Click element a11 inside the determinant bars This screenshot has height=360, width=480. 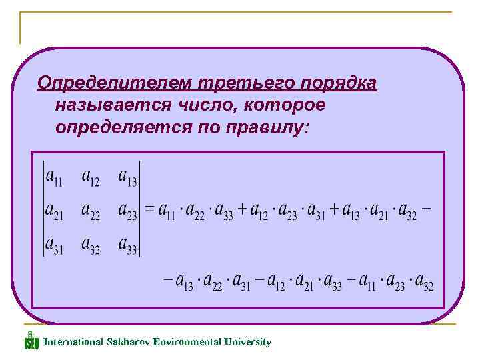coord(54,177)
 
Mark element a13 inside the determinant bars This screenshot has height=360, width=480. coord(127,177)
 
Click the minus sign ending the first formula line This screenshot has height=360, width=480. coord(426,209)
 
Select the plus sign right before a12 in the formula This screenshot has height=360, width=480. coord(242,210)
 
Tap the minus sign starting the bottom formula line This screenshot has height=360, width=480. coord(167,281)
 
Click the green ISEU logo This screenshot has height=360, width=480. coord(31,341)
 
